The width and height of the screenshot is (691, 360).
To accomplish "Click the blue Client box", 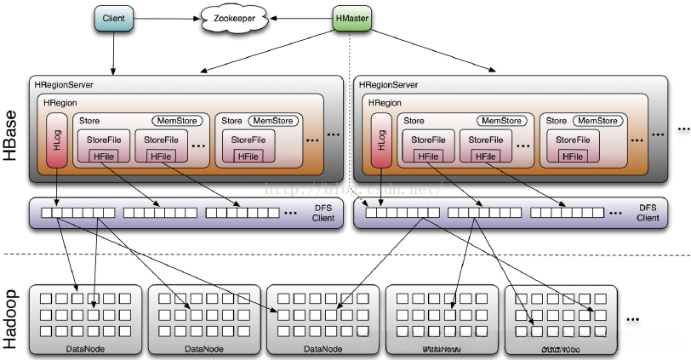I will coord(113,18).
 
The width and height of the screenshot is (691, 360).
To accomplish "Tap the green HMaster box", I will coord(352,18).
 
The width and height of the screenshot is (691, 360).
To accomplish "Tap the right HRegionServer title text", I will coord(389,85).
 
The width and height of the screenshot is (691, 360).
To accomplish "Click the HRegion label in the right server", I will coord(384,102).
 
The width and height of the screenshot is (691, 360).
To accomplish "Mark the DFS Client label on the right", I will coord(648,213).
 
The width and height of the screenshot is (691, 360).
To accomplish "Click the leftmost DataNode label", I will coord(85,349).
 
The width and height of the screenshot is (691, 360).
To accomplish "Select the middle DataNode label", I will coord(323,349).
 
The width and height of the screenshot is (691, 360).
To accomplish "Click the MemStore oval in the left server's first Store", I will coord(174,121).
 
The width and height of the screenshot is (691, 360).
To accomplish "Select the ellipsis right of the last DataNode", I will coord(633,319).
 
